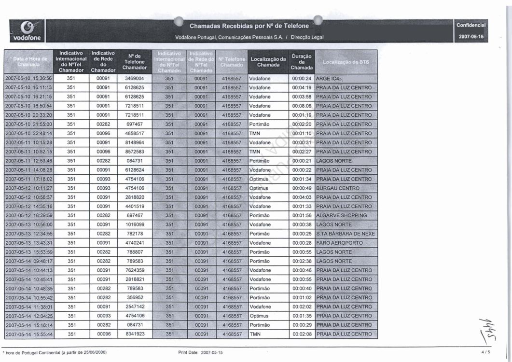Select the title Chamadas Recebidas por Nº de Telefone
[249, 25]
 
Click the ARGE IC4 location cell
[329, 78]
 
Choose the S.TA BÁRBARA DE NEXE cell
[346, 234]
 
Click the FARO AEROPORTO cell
[340, 243]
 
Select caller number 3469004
[132, 78]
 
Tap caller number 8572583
[132, 152]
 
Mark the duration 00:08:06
[302, 106]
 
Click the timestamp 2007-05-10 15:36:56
[28, 78]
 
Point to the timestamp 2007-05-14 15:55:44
[28, 334]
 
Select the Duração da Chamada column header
[302, 62]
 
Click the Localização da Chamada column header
[268, 62]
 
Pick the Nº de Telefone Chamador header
[132, 62]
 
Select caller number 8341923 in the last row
[132, 334]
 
